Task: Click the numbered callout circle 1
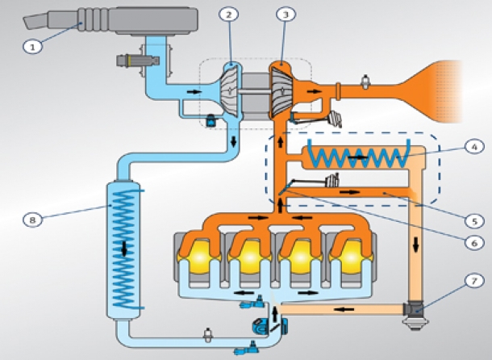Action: pos(32,48)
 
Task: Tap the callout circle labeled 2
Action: pos(229,15)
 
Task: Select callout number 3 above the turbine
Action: pos(286,15)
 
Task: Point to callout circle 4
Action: pos(474,147)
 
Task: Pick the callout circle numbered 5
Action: pos(474,221)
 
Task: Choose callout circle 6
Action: pos(474,243)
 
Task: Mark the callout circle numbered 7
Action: pos(474,281)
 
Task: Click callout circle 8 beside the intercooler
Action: pos(32,220)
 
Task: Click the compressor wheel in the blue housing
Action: pos(230,91)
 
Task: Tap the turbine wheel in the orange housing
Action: pos(281,92)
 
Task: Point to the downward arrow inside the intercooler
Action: pos(124,249)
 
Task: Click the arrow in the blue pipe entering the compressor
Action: pos(194,92)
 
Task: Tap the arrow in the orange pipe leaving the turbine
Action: pos(314,91)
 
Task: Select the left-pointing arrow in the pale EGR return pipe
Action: pos(344,309)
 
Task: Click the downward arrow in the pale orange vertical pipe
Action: pos(416,245)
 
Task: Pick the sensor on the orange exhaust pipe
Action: pos(365,82)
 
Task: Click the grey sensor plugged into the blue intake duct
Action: pos(138,60)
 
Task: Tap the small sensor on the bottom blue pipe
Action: pos(208,336)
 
